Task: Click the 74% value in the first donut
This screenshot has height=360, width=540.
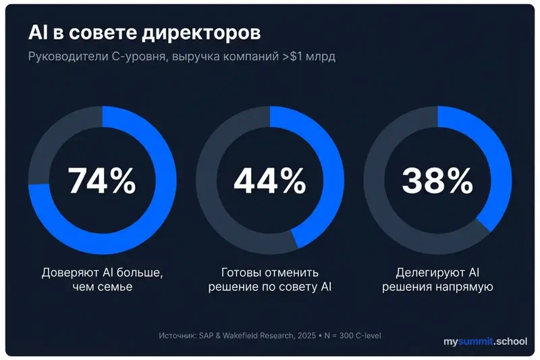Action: (x=102, y=180)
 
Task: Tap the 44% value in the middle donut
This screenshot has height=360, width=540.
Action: (x=269, y=180)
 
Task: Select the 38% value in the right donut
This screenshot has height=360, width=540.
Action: (x=437, y=180)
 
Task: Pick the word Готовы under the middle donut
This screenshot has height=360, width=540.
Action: (x=241, y=273)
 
